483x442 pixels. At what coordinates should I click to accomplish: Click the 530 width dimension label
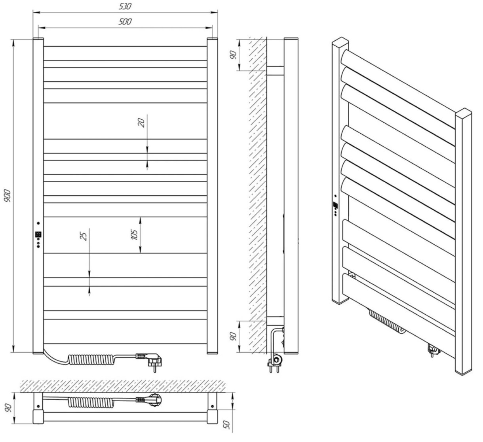pyautogui.click(x=125, y=6)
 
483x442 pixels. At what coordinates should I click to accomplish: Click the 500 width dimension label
pyautogui.click(x=125, y=22)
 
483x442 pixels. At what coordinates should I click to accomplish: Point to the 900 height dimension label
pyautogui.click(x=8, y=196)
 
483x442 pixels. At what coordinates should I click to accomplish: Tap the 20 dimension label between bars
pyautogui.click(x=142, y=123)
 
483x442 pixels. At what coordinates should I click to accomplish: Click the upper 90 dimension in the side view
pyautogui.click(x=233, y=55)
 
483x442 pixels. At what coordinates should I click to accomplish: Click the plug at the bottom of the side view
pyautogui.click(x=275, y=363)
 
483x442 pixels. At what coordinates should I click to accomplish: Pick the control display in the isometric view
pyautogui.click(x=335, y=205)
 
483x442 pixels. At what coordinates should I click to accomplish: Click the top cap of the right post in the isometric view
pyautogui.click(x=464, y=112)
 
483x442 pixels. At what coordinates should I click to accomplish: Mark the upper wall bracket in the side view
pyautogui.click(x=275, y=71)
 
